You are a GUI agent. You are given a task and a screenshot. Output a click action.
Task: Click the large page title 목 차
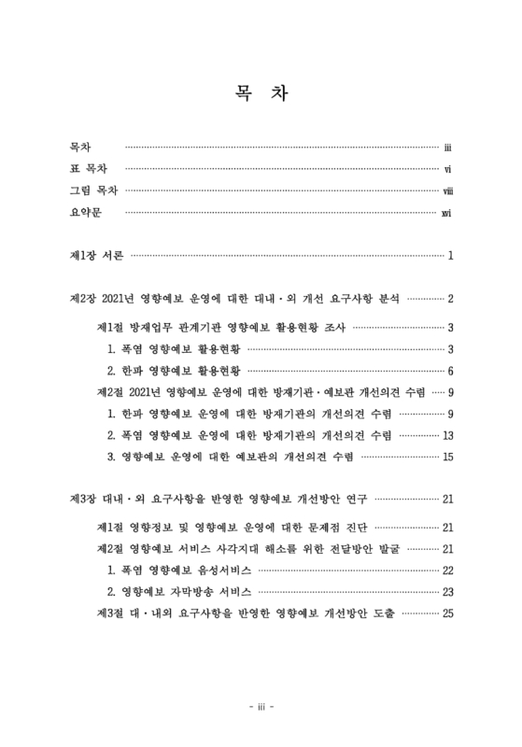pyautogui.click(x=261, y=94)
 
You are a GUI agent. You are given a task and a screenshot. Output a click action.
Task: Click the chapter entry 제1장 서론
pyautogui.click(x=96, y=255)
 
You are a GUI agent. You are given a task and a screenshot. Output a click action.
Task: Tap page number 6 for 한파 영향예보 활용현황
pyautogui.click(x=450, y=371)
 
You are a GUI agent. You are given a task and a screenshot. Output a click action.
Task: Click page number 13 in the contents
pyautogui.click(x=447, y=435)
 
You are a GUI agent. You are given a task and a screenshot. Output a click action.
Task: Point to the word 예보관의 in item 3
pyautogui.click(x=270, y=457)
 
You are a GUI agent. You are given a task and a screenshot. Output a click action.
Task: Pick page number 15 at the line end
pyautogui.click(x=447, y=457)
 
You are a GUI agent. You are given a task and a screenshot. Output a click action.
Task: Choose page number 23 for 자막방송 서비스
pyautogui.click(x=447, y=591)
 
